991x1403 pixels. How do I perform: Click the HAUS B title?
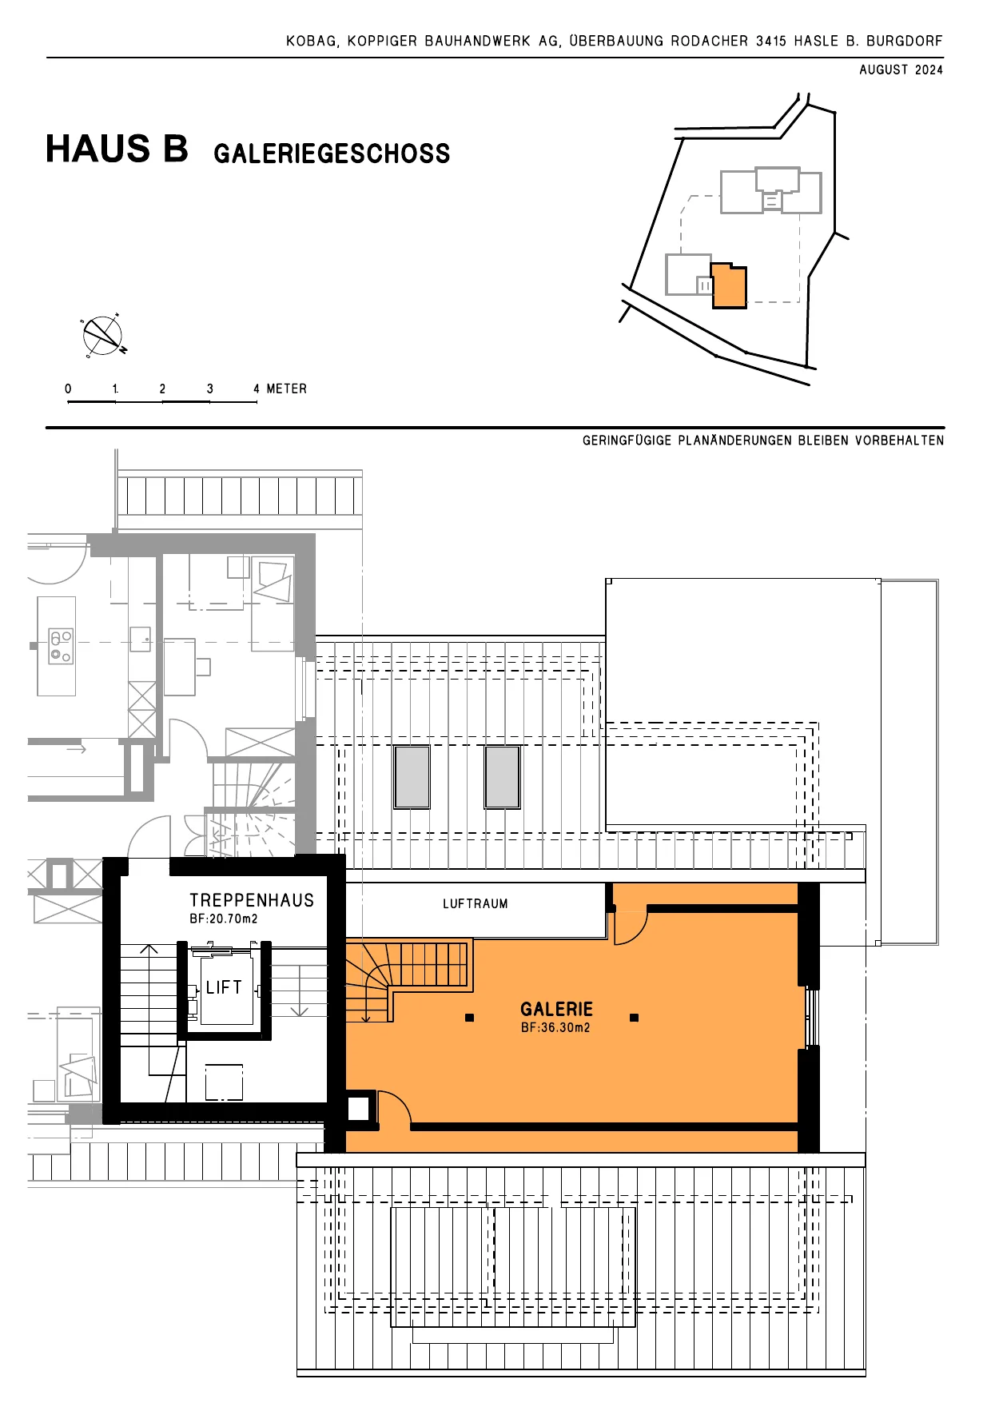(117, 149)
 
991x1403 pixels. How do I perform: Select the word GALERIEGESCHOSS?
(332, 153)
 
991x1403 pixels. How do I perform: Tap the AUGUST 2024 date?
(901, 70)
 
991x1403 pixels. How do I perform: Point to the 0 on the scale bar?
(68, 389)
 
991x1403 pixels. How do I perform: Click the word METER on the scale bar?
(287, 389)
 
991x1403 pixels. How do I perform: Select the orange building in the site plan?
(729, 285)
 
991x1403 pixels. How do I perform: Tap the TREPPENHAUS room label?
(252, 900)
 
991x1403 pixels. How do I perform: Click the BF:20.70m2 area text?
(224, 919)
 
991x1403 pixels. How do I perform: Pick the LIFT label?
(224, 987)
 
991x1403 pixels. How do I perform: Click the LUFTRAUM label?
(476, 904)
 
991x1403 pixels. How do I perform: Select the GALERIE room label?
(557, 1010)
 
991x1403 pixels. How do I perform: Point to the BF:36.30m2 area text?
(555, 1028)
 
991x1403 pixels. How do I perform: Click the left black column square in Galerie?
(470, 1018)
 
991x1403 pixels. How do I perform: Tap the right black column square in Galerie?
(635, 1018)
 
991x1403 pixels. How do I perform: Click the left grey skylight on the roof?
(412, 777)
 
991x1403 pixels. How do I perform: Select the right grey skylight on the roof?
(503, 777)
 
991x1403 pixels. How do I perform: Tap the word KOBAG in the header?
(312, 41)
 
